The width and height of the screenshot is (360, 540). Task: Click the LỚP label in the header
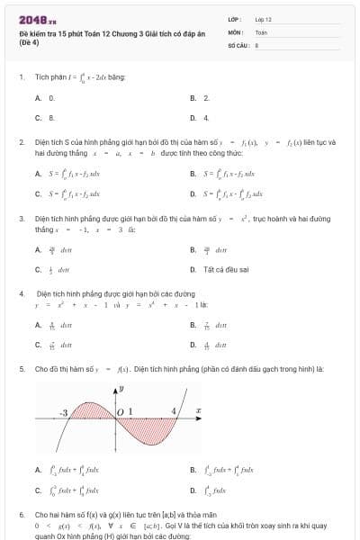235,18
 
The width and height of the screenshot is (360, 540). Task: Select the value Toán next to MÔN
261,31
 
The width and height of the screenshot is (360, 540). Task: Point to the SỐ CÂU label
238,43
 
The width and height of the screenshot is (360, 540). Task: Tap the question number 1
21,76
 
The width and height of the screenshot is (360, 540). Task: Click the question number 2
21,141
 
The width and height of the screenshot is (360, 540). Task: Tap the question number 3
21,218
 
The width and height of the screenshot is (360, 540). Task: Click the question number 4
21,293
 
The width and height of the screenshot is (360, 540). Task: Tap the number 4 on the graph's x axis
175,411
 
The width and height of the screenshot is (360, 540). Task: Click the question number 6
21,515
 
